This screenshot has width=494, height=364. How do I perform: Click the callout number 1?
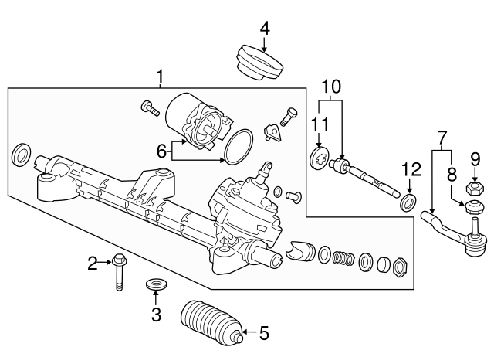point(161,77)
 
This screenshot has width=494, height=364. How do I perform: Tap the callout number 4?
point(265,29)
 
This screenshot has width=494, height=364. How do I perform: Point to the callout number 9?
point(475,159)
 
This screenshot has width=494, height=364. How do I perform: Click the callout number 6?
point(161,151)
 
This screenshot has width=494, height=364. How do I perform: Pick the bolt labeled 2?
point(117,271)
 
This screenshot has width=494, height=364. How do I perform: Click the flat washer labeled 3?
point(156,283)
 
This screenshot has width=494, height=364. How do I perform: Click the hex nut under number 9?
point(475,189)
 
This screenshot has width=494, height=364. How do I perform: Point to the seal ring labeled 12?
point(409,203)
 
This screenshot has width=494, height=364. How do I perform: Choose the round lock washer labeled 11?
point(320,158)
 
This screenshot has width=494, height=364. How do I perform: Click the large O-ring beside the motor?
point(239,147)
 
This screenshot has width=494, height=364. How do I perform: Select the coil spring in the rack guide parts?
point(343,258)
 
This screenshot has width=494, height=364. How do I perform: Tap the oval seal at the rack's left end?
point(21,155)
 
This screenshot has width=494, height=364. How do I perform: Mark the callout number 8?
point(452,174)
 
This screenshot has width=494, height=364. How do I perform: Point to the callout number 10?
point(331,87)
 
